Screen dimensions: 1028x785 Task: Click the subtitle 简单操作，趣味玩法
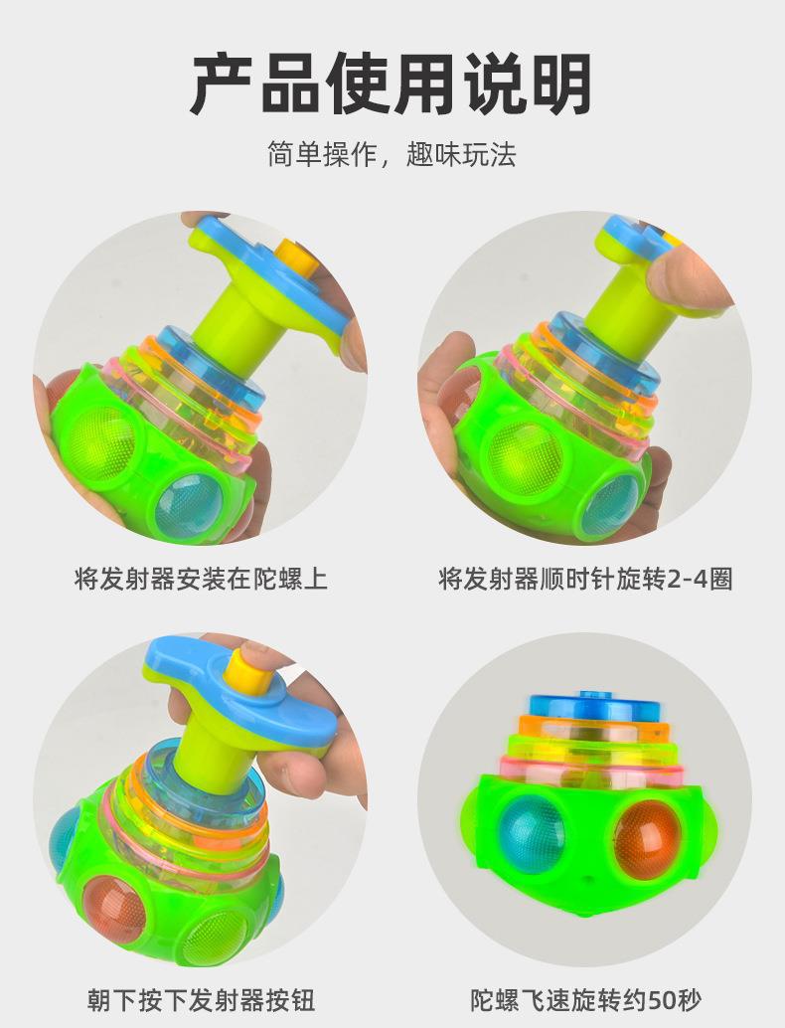[x=392, y=154]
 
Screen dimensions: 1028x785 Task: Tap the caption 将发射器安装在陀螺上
[x=201, y=578]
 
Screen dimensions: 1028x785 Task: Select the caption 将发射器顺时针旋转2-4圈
[x=585, y=578]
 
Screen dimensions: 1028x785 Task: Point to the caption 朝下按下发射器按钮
[x=201, y=997]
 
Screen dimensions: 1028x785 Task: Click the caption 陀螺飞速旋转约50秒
[x=587, y=997]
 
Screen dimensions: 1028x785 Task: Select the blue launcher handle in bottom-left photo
[x=238, y=691]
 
